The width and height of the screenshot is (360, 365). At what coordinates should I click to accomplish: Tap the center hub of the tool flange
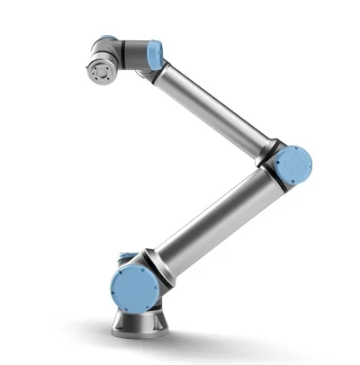100,69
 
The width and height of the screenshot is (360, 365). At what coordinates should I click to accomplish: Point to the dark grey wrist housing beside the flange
126,56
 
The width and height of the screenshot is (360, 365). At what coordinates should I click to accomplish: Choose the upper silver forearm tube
211,103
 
